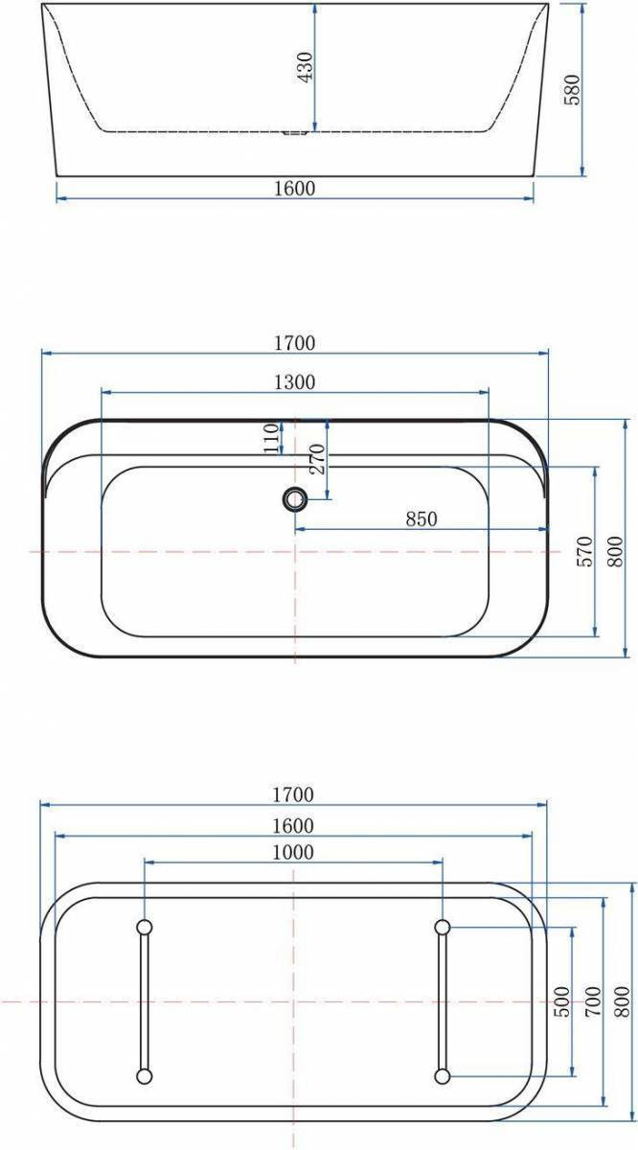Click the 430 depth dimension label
[x=305, y=67]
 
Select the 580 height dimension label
[x=572, y=90]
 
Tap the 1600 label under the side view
[x=294, y=189]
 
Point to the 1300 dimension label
[x=294, y=382]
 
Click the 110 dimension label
[x=271, y=439]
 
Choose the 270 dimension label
[x=317, y=458]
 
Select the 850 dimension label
[x=422, y=519]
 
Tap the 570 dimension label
[x=585, y=551]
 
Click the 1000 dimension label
[x=292, y=852]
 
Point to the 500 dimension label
[x=562, y=1001]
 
